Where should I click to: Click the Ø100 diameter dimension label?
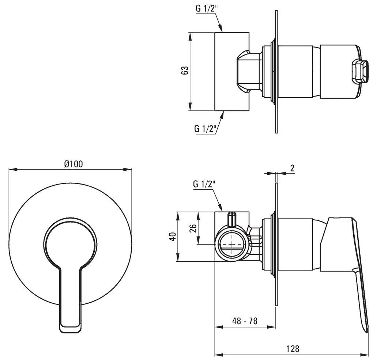pyautogui.click(x=73, y=164)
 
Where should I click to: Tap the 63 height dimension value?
pyautogui.click(x=185, y=71)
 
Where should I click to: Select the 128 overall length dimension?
pyautogui.click(x=293, y=349)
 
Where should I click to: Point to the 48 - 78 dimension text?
pyautogui.click(x=245, y=321)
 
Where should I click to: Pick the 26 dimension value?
pyautogui.click(x=193, y=228)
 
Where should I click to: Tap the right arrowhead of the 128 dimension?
pyautogui.click(x=365, y=355)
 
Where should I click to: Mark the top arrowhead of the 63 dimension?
pyautogui.click(x=190, y=35)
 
